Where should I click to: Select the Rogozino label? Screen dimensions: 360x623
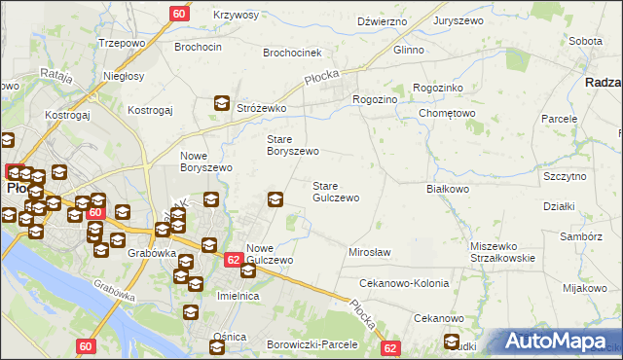pos(375,99)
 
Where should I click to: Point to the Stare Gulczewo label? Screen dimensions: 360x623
pos(335,192)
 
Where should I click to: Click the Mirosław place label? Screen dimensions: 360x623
pos(369,252)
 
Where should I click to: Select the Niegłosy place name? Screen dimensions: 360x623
pos(124,76)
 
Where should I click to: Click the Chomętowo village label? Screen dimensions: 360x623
pos(446,113)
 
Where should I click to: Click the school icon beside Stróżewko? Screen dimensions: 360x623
pos(222,102)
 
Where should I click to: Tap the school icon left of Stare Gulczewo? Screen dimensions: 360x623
pos(275,199)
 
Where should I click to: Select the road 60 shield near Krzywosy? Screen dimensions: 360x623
pos(179,13)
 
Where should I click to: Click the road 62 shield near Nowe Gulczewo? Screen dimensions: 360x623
pos(233,260)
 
